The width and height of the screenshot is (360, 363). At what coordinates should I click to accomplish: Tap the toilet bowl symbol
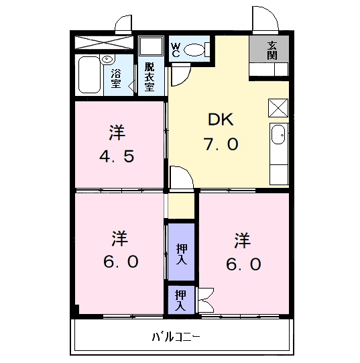pos(195,49)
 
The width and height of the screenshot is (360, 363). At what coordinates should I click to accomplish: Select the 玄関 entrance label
pos(272,50)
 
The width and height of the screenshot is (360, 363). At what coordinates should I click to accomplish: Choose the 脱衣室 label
pos(149,76)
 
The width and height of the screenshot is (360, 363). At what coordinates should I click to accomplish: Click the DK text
pos(220,120)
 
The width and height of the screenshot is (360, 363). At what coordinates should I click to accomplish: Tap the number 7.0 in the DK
pos(221,144)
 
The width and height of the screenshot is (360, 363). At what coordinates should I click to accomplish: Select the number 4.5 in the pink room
pos(118,157)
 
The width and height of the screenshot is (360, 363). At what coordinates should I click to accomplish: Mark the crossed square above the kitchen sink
pos(278,108)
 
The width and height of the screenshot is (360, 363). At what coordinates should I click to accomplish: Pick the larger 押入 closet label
pos(181,252)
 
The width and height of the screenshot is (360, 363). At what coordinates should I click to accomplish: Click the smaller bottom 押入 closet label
pos(180,299)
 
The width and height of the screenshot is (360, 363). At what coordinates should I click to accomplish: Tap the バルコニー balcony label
pos(176,336)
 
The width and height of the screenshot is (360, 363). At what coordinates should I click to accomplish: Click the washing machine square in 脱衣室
pos(152,48)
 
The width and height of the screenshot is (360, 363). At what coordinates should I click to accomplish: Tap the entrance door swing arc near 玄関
pos(261,18)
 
